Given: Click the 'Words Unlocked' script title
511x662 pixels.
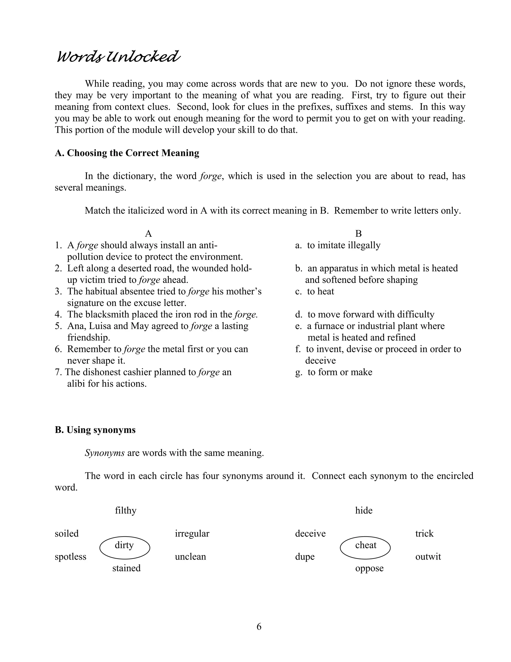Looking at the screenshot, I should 118,57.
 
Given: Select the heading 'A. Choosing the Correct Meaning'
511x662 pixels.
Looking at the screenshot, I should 127,153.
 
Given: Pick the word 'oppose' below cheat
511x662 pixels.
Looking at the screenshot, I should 369,568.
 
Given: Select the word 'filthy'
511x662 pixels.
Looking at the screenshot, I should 126,510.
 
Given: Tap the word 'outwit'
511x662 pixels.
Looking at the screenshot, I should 428,557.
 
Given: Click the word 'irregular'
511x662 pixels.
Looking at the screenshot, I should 192,534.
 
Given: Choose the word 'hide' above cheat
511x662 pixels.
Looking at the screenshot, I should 364,510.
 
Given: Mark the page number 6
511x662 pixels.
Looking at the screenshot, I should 259,627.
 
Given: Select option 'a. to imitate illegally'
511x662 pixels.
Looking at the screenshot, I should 338,245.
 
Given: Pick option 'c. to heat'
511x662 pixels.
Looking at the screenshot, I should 315,291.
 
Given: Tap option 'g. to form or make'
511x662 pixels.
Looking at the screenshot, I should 334,372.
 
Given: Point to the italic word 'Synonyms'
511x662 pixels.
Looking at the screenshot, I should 105,453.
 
